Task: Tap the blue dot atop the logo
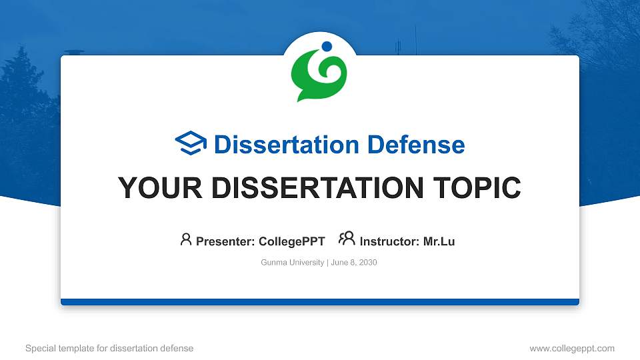(327, 47)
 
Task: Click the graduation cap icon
(191, 143)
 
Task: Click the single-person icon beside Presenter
(186, 239)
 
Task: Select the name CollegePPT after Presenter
(291, 241)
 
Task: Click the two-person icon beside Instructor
(347, 239)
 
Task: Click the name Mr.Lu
(439, 241)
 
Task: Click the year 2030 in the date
(368, 263)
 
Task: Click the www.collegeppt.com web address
(572, 348)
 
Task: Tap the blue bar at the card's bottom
(320, 302)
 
